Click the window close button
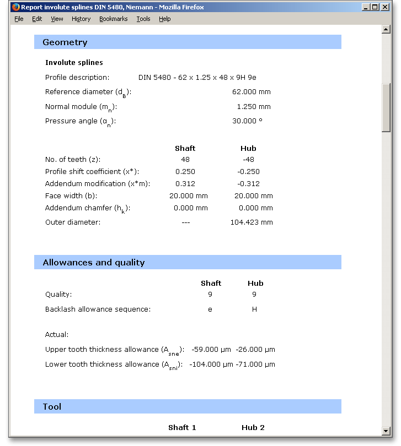click(384, 7)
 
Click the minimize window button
click(366, 7)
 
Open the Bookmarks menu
click(113, 19)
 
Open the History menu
click(81, 19)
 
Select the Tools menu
click(143, 19)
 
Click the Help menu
click(165, 19)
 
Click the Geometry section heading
click(65, 42)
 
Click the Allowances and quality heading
click(94, 263)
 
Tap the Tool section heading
click(52, 407)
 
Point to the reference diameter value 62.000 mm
click(252, 92)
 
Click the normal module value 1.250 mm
click(254, 107)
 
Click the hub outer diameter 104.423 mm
click(252, 222)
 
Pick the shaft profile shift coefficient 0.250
click(185, 172)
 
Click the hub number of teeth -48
click(248, 160)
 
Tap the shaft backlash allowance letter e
click(210, 309)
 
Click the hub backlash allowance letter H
click(255, 309)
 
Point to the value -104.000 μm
click(211, 365)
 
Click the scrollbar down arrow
click(386, 431)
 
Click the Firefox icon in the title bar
click(15, 7)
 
